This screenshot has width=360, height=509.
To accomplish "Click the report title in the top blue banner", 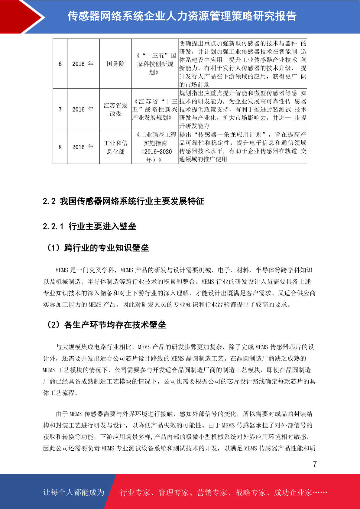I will tap(182, 16).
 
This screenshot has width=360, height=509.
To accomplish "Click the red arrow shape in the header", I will tap(23, 17).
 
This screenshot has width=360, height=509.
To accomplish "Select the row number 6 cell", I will tap(60, 64).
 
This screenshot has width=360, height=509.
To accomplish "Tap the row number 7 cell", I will tap(60, 109).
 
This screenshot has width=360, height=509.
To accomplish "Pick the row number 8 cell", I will tap(60, 147).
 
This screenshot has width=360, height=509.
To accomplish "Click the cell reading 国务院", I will tap(115, 64).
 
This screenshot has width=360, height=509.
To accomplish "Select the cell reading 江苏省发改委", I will tap(115, 109).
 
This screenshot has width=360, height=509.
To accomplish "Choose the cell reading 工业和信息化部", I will tap(115, 147).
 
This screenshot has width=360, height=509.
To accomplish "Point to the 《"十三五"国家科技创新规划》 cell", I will tap(155, 64).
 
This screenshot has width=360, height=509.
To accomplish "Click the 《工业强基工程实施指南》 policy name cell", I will tap(155, 147).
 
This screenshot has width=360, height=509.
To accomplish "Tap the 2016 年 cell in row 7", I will tap(83, 109).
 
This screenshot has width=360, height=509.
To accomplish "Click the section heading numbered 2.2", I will tap(123, 201).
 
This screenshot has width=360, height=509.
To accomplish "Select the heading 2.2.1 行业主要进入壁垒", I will tap(89, 226).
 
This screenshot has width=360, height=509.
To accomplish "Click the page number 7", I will tap(315, 464).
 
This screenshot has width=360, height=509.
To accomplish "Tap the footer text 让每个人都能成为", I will tap(74, 492).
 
